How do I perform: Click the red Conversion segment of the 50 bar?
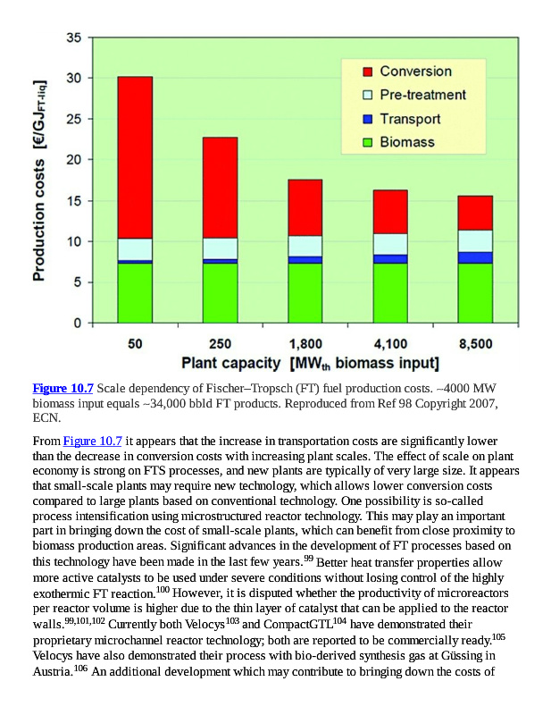135,157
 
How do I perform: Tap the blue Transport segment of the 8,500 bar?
475,257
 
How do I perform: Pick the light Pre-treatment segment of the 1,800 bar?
305,246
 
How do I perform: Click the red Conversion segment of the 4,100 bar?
390,211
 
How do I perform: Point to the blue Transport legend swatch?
367,119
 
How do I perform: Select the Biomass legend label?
407,142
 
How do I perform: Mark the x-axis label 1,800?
305,344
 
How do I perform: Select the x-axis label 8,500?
475,344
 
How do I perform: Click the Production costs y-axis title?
40,179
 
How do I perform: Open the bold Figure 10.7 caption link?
63,389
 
